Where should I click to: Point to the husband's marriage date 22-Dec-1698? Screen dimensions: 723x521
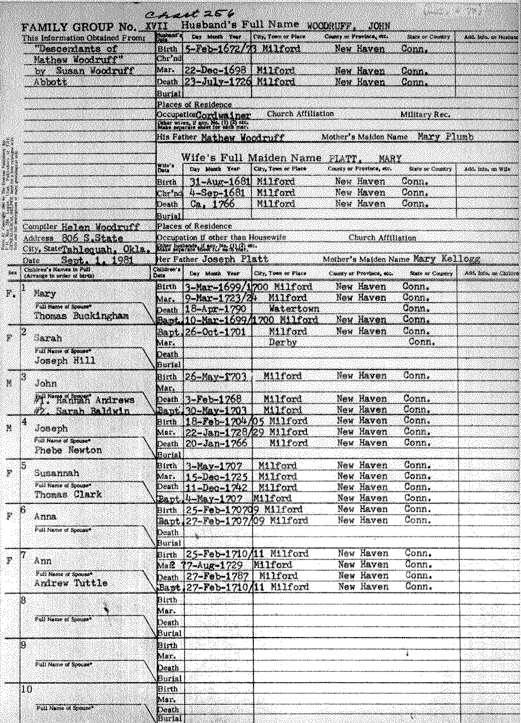[217, 71]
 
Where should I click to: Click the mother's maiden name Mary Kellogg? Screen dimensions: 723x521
[446, 258]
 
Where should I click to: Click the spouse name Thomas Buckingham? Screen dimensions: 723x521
[82, 315]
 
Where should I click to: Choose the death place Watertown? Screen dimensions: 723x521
[294, 308]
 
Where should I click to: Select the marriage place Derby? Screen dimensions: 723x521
[283, 342]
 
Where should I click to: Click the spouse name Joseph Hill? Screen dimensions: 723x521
[65, 361]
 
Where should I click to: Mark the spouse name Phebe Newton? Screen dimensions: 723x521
[68, 450]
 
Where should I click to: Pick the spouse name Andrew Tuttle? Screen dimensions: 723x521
[71, 583]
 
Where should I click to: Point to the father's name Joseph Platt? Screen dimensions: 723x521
[235, 259]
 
